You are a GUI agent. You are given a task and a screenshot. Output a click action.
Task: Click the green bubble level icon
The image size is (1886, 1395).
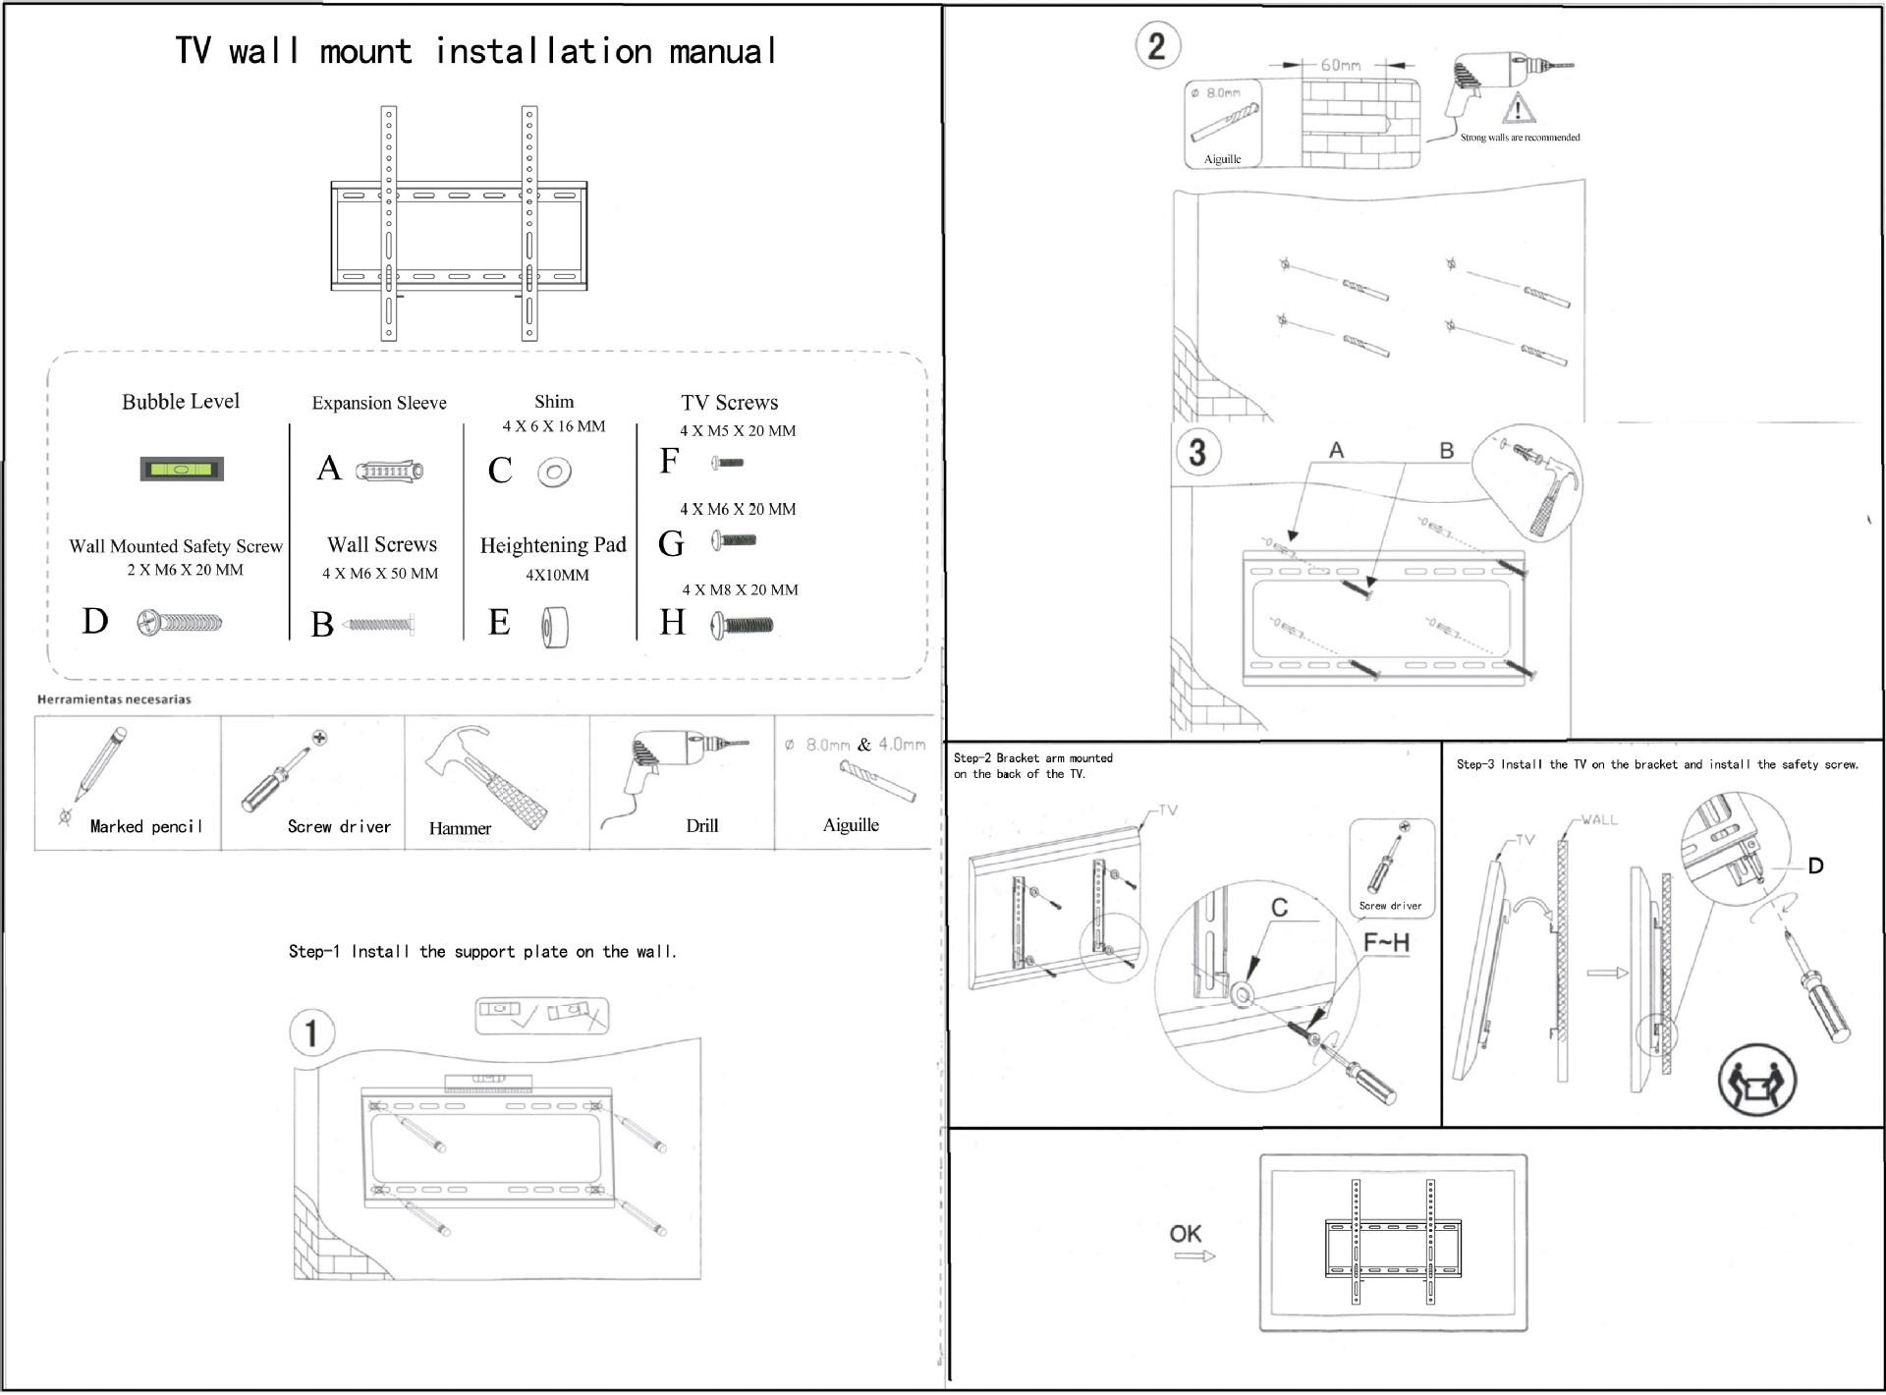click(x=182, y=469)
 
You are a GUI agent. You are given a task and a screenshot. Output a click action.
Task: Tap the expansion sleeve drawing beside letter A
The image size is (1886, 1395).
click(x=389, y=472)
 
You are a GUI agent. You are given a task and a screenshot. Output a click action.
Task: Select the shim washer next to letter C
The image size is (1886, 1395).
click(x=554, y=473)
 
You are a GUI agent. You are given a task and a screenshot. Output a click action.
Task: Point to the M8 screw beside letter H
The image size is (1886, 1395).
click(x=743, y=625)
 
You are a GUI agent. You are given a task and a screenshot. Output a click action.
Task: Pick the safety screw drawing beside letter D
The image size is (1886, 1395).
click(x=180, y=622)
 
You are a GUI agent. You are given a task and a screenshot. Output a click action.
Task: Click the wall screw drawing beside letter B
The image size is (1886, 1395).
click(x=380, y=624)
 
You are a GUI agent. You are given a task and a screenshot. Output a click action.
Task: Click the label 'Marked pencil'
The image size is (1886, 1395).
click(x=146, y=826)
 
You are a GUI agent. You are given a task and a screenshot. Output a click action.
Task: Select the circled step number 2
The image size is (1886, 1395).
click(x=1156, y=46)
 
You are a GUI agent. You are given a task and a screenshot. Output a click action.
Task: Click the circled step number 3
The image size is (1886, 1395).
click(x=1196, y=452)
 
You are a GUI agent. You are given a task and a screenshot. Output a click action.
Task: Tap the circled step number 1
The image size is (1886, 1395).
click(x=311, y=1032)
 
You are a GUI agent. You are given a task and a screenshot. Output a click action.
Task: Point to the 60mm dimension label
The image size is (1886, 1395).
click(x=1340, y=65)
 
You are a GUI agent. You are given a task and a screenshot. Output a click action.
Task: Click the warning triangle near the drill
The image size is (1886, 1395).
click(x=1519, y=107)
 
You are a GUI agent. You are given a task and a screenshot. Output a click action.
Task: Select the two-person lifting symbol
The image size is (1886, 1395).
click(x=1756, y=1081)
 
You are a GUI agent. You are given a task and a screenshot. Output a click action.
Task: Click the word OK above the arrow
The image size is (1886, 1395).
click(x=1186, y=1234)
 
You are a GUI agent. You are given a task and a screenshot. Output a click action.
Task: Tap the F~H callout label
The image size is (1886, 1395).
click(x=1386, y=943)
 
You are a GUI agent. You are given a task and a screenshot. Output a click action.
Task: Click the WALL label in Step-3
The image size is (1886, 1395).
click(x=1599, y=819)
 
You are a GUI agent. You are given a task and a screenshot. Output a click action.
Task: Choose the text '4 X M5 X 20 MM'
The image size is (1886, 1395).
click(x=738, y=430)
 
